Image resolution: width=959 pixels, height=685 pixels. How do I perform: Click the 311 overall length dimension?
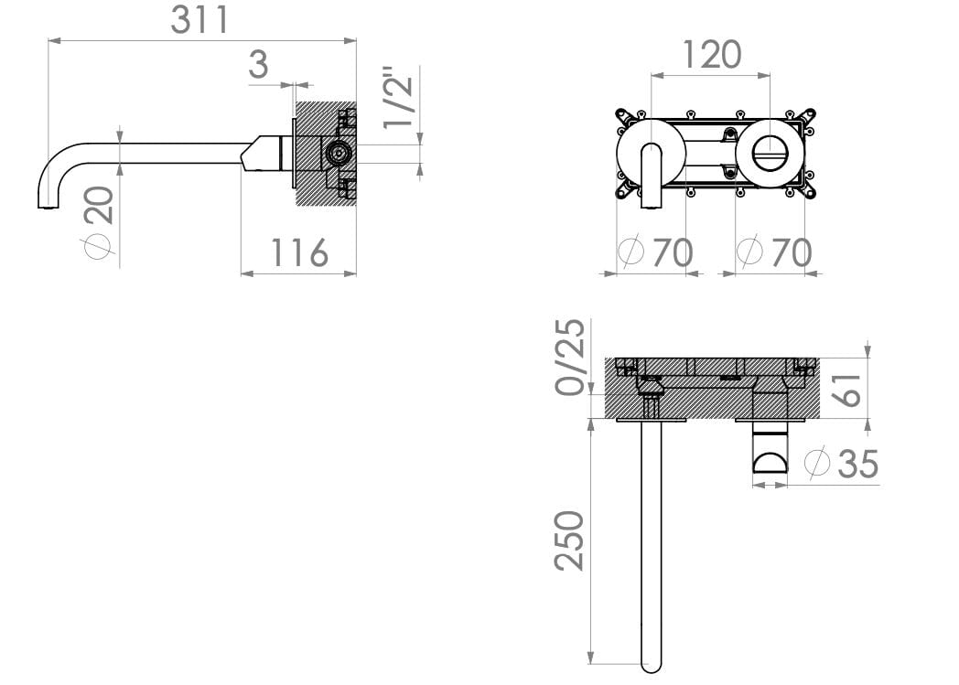[199, 20]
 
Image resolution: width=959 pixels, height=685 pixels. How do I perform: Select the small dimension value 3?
[259, 66]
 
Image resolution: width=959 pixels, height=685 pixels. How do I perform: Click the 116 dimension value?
[299, 252]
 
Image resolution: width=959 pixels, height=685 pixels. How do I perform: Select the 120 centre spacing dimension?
[711, 55]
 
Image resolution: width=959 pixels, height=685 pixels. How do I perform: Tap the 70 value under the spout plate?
[673, 252]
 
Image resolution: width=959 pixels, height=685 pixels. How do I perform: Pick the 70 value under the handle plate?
[791, 252]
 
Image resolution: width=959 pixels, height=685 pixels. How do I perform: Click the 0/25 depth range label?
[571, 357]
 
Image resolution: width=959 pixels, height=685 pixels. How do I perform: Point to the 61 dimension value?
[848, 389]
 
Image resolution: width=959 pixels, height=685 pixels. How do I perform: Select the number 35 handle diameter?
[857, 464]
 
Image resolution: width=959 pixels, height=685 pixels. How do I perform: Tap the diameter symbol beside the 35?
[817, 463]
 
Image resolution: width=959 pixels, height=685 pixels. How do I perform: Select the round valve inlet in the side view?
[339, 154]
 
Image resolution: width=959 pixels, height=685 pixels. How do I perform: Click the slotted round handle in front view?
[770, 151]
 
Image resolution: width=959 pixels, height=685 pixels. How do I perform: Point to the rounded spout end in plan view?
[651, 662]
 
